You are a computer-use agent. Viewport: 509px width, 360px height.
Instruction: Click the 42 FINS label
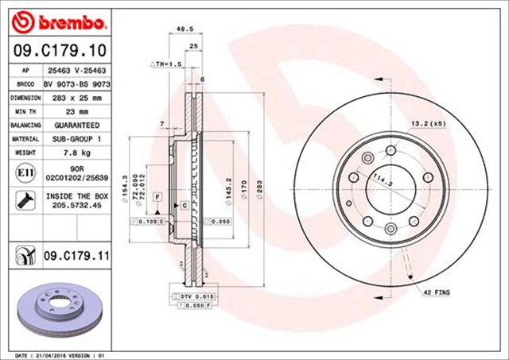[x=436, y=292]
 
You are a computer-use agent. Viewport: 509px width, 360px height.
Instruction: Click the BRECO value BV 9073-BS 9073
[x=76, y=83]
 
